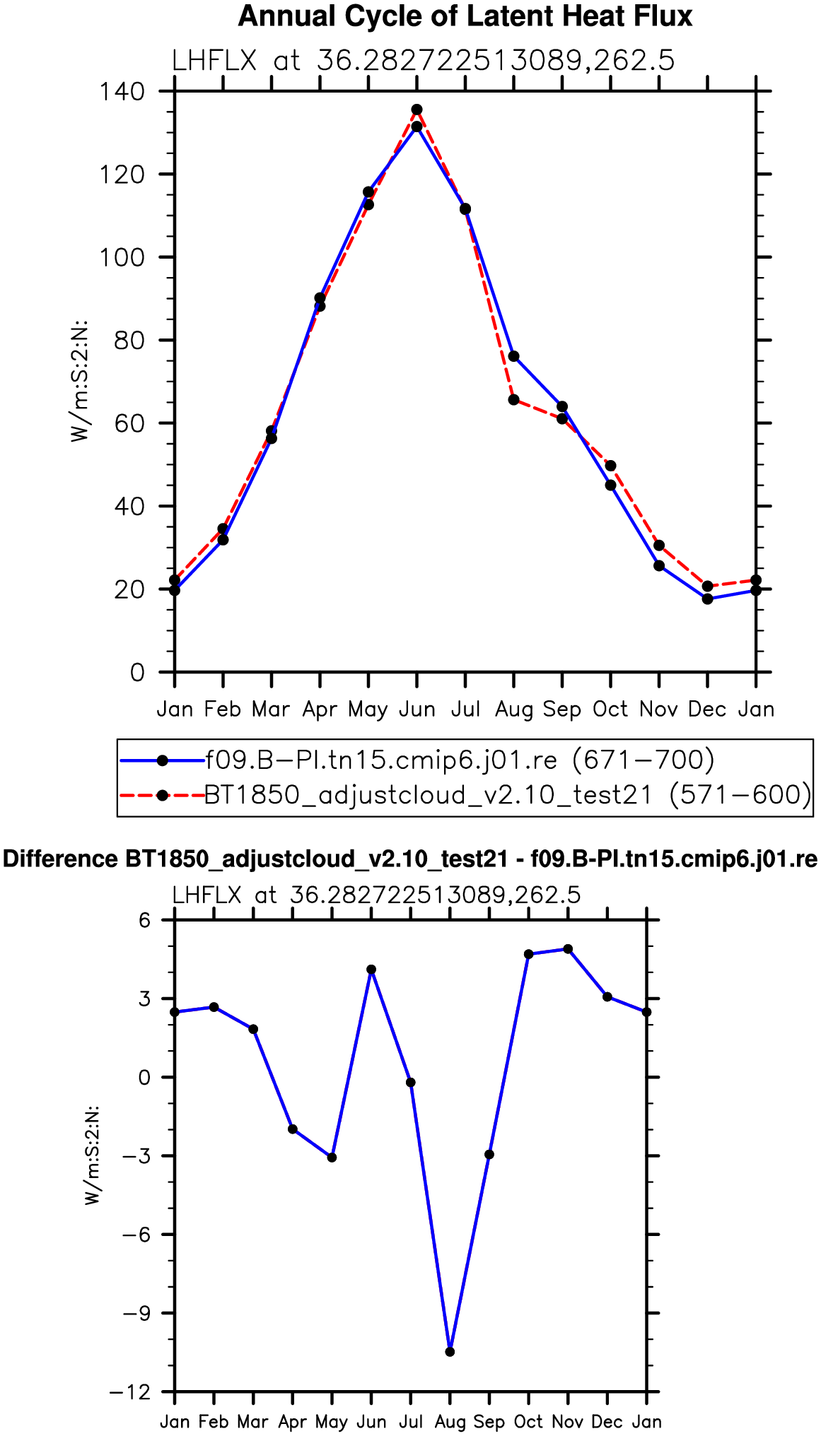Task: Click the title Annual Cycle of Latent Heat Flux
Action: [x=465, y=16]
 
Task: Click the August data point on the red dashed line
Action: [x=514, y=400]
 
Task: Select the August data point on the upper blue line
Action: [x=514, y=356]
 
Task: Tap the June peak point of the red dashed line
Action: [x=417, y=110]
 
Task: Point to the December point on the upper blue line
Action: [x=708, y=599]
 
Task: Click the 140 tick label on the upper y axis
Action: [x=122, y=91]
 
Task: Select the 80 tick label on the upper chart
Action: [x=129, y=340]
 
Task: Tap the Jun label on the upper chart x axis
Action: [x=417, y=709]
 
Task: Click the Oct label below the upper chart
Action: [x=610, y=709]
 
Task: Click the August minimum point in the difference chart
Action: [x=450, y=1351]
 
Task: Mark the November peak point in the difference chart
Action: [x=568, y=949]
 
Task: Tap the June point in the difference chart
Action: [x=371, y=970]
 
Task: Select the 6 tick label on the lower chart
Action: [x=145, y=920]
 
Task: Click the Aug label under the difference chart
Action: [x=450, y=1421]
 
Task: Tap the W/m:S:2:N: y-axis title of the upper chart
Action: [x=80, y=382]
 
